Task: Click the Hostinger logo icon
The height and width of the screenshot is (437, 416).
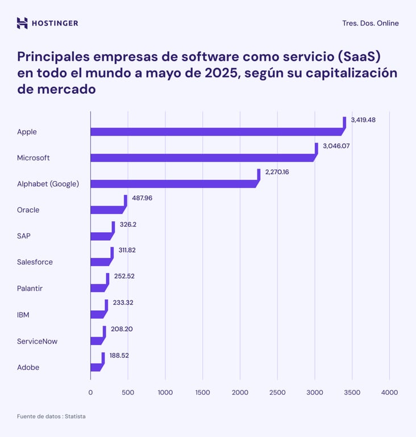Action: coord(22,23)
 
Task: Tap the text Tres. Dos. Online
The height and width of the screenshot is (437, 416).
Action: coord(370,23)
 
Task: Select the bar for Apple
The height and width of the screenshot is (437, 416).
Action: coord(216,131)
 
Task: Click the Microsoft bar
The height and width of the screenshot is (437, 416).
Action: coord(202,158)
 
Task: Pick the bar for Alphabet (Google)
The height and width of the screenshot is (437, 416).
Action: coord(173,184)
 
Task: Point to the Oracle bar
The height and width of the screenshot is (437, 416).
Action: coord(106,209)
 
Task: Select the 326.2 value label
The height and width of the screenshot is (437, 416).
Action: coord(128,224)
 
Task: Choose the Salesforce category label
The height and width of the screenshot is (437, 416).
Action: coord(35,262)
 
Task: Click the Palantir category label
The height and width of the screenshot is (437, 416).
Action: coord(30,288)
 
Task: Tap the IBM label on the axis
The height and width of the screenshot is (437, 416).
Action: coord(23,315)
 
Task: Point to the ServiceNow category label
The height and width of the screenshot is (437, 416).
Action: coord(37,341)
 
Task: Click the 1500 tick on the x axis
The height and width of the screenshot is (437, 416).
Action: coord(202,393)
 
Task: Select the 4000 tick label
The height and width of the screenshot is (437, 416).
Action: coord(389,393)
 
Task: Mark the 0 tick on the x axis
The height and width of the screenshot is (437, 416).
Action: coord(90,393)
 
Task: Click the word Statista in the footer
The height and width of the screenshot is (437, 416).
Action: coord(75,417)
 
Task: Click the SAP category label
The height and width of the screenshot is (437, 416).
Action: coord(23,236)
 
